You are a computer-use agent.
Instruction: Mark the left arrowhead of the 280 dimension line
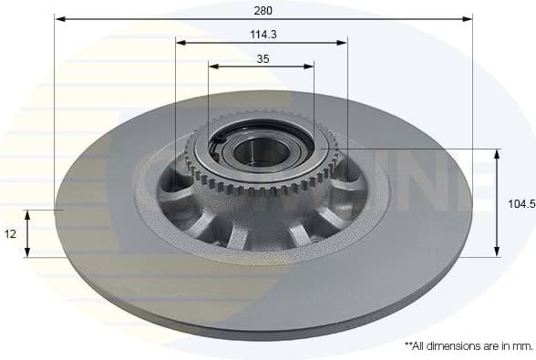pos(59,18)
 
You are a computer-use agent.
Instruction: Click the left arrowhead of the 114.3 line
pos(180,42)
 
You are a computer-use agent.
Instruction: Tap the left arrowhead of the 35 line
pos(213,66)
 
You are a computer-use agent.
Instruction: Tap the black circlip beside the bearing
pos(220,139)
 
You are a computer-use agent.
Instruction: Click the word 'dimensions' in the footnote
pos(456,346)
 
